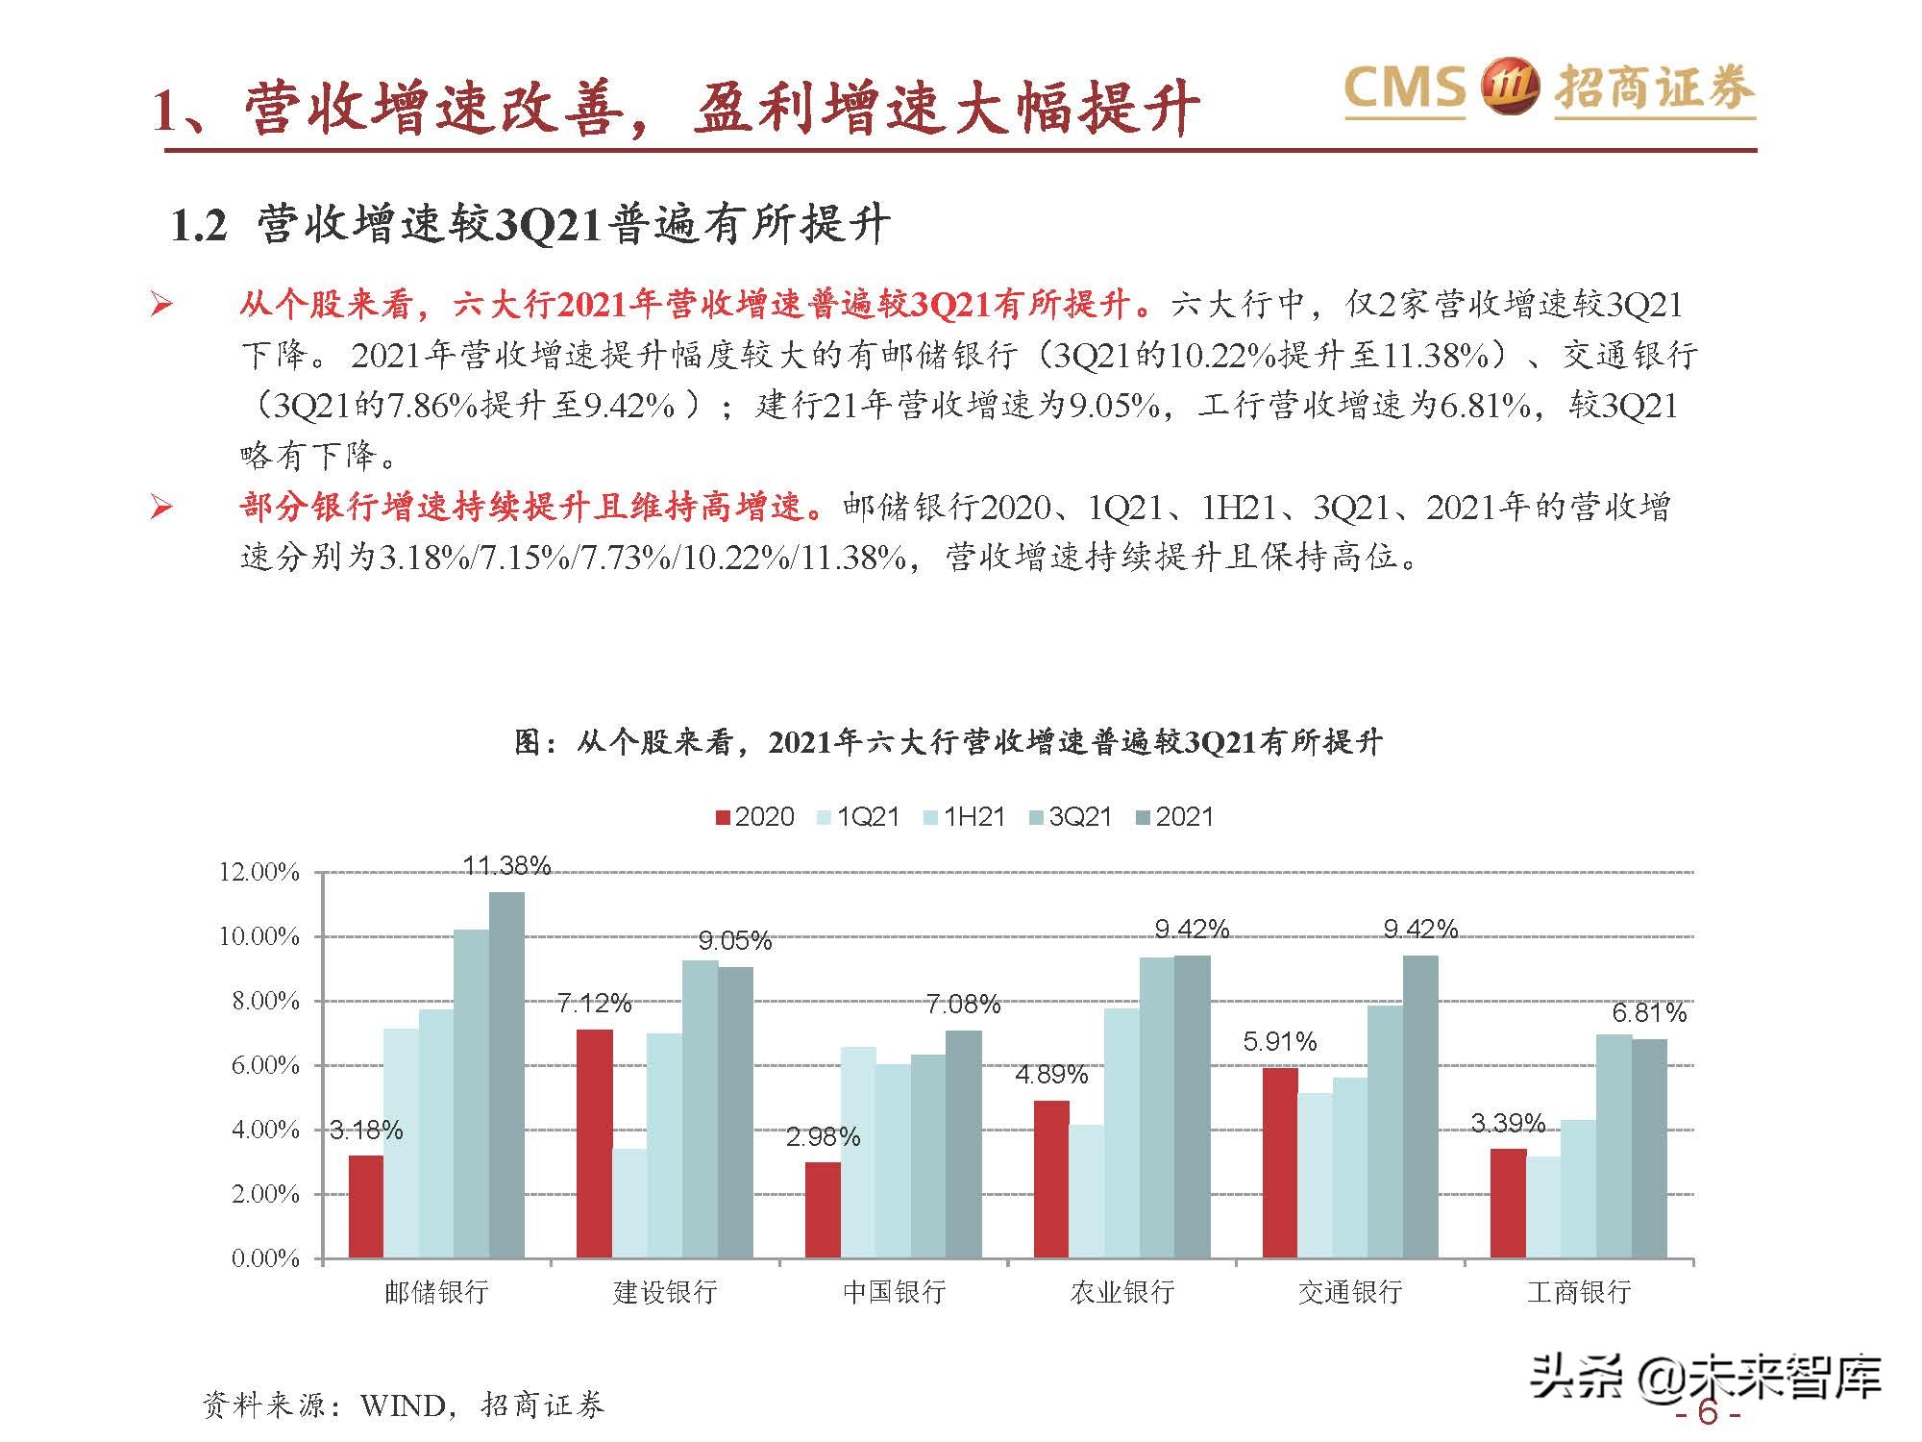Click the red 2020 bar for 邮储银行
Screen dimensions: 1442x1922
click(x=366, y=1206)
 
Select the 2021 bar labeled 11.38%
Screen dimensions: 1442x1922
click(x=506, y=1075)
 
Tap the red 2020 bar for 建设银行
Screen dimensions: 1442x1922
click(x=594, y=1143)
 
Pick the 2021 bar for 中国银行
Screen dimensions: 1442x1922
click(x=964, y=1144)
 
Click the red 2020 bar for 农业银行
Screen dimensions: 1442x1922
click(x=1051, y=1180)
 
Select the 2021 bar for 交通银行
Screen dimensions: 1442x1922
click(x=1420, y=1106)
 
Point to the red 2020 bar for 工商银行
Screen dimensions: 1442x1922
click(x=1508, y=1204)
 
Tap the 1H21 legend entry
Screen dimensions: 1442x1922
click(x=965, y=817)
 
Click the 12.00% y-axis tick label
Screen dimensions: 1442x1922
click(x=259, y=872)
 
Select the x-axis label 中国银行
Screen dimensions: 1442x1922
click(x=894, y=1292)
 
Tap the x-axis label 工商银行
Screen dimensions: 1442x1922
click(x=1579, y=1292)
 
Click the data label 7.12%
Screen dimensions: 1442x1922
click(x=594, y=1004)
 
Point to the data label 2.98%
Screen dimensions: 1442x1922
click(x=823, y=1136)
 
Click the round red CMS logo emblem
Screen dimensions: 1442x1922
click(x=1508, y=88)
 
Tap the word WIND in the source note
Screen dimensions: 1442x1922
click(x=403, y=1405)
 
